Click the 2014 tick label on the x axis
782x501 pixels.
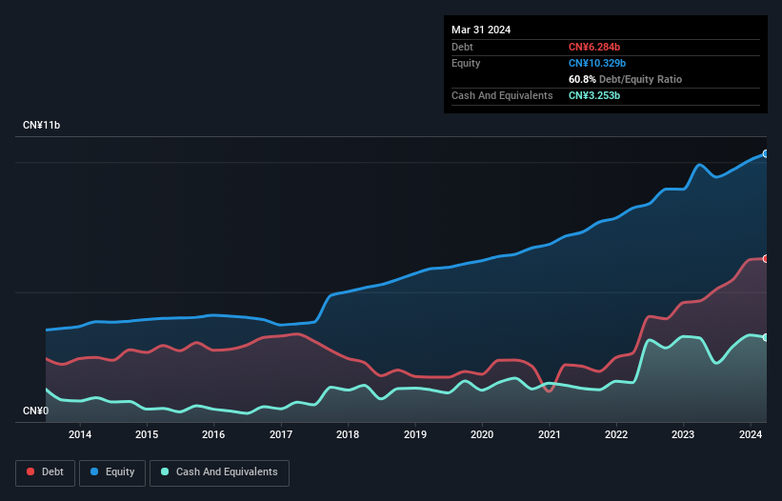pyautogui.click(x=80, y=435)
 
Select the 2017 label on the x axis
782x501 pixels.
pyautogui.click(x=281, y=435)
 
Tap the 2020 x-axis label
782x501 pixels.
pyautogui.click(x=482, y=435)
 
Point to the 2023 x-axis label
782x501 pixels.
pyautogui.click(x=683, y=435)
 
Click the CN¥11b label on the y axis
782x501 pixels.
pyautogui.click(x=42, y=126)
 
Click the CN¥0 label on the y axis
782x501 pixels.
pyautogui.click(x=35, y=411)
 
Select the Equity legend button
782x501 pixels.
pyautogui.click(x=111, y=471)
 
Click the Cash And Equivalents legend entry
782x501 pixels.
pyautogui.click(x=219, y=471)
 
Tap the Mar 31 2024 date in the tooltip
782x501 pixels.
pyautogui.click(x=481, y=30)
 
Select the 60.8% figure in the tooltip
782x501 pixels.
pyautogui.click(x=583, y=79)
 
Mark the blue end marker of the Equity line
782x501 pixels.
pyautogui.click(x=765, y=153)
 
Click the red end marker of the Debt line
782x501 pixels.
pyautogui.click(x=765, y=258)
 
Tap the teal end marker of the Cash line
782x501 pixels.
pyautogui.click(x=765, y=337)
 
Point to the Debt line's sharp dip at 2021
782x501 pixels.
pyautogui.click(x=549, y=391)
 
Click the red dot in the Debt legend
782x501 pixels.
pyautogui.click(x=31, y=471)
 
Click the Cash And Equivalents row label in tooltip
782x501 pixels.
pyautogui.click(x=502, y=95)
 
